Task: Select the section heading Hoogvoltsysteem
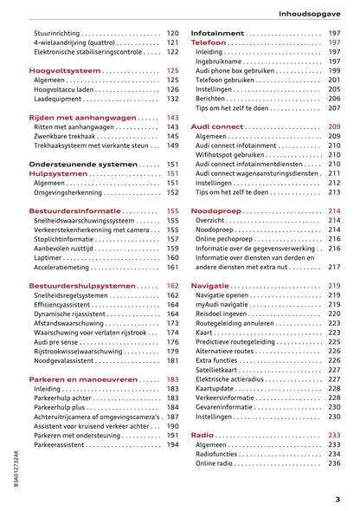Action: pyautogui.click(x=60, y=70)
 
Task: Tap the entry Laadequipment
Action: pyautogui.click(x=59, y=99)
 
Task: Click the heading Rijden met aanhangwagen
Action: pyautogui.click(x=83, y=117)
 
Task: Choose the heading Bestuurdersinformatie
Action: pyautogui.click(x=74, y=210)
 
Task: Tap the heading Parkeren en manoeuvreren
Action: pyautogui.click(x=83, y=379)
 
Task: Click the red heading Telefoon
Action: pyautogui.click(x=208, y=42)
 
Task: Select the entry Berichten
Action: pyautogui.click(x=211, y=99)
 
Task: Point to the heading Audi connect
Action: pyautogui.click(x=216, y=126)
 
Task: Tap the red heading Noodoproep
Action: pyautogui.click(x=215, y=210)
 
